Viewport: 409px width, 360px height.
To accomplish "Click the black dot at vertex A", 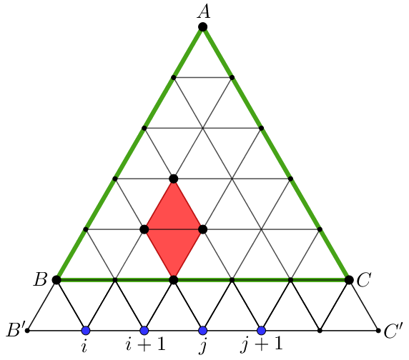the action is tap(202, 27).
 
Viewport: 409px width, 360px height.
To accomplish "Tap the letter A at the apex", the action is tap(204, 12).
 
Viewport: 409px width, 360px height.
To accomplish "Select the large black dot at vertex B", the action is tap(56, 280).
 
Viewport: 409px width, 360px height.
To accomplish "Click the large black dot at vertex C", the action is tap(349, 280).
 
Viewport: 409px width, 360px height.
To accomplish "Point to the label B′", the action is tap(16, 330).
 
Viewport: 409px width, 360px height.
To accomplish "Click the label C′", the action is tap(393, 331).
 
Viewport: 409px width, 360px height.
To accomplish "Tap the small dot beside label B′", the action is tap(27, 331).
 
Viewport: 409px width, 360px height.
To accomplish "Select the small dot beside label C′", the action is tap(378, 331).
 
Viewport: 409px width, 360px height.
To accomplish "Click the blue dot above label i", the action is tap(86, 331).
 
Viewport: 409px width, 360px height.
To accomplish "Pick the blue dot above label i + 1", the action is tap(144, 331).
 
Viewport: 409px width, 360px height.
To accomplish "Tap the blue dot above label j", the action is tap(202, 331).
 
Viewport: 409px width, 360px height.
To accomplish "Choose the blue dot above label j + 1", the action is tap(262, 331).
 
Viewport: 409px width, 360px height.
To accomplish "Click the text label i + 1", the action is tap(145, 344).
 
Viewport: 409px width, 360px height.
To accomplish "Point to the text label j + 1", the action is tap(262, 346).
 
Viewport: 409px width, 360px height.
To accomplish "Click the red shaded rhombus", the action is tap(174, 229).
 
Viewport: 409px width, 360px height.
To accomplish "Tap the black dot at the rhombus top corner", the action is tap(174, 179).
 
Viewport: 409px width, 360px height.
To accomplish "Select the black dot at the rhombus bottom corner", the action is tap(174, 280).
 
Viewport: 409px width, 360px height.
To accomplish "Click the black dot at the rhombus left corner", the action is tap(144, 229).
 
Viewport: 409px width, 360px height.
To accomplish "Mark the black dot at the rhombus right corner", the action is tap(202, 229).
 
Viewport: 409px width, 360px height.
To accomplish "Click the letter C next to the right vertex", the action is tap(364, 280).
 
